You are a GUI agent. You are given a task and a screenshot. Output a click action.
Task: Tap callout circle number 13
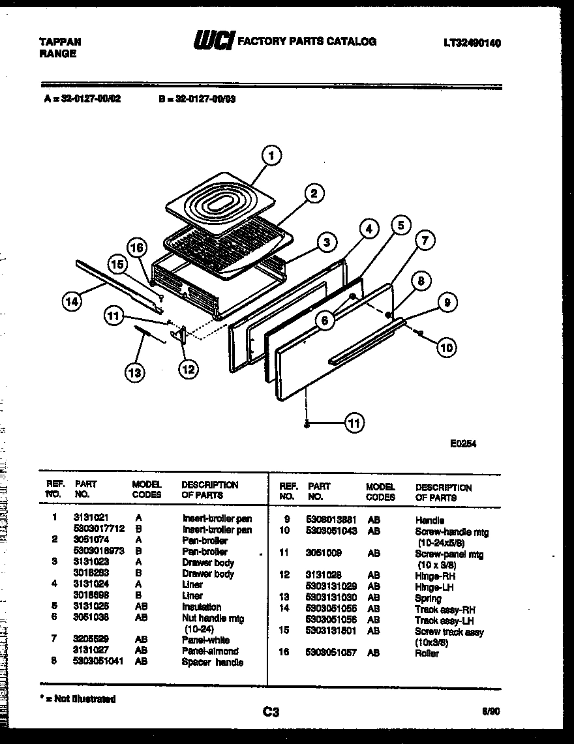[134, 372]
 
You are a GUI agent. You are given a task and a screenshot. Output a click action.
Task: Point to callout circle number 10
[446, 348]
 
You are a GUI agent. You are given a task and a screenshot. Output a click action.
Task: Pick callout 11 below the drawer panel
[353, 423]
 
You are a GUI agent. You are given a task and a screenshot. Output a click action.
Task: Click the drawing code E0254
[462, 443]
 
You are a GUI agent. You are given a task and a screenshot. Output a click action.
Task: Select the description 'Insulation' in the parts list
[202, 607]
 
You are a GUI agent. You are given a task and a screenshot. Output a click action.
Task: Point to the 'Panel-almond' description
[210, 651]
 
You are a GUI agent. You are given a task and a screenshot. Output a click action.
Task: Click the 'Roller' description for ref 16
[427, 653]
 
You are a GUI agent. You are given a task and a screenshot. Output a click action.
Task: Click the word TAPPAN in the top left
[60, 42]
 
